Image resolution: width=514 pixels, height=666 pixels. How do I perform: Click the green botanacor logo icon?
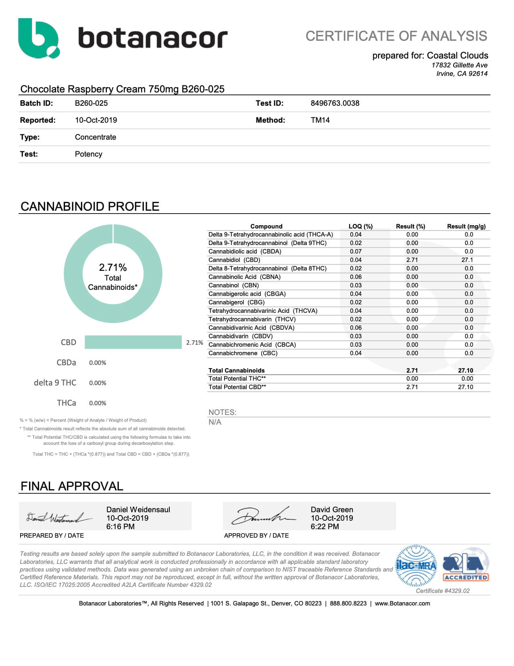(x=39, y=38)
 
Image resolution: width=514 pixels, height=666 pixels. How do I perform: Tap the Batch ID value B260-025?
(x=91, y=103)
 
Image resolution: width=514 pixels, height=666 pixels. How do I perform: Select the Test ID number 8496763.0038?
(x=335, y=103)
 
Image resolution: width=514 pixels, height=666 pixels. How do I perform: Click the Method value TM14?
(x=320, y=120)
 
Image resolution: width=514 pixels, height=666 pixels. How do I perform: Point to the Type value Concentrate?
(x=95, y=137)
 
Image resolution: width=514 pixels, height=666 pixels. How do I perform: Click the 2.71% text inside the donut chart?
(x=113, y=267)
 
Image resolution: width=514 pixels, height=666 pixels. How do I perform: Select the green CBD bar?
(x=133, y=342)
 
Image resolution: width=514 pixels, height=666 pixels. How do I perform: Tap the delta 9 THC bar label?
(x=55, y=383)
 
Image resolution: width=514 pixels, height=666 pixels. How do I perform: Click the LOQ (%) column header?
(x=360, y=226)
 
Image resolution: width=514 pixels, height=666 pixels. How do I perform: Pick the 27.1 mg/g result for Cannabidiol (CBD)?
(x=467, y=260)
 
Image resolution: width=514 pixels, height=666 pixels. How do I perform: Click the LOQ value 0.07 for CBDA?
(x=356, y=251)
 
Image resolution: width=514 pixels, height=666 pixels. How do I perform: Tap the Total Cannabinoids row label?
(x=236, y=371)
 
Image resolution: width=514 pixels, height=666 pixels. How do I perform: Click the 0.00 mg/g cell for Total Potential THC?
(x=467, y=379)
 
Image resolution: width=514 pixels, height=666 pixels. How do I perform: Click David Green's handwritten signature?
(x=262, y=516)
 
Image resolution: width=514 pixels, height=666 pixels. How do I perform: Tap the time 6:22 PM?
(x=325, y=527)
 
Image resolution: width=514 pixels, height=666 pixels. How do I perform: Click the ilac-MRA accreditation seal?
(x=416, y=565)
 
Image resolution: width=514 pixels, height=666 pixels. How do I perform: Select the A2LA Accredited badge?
(x=466, y=565)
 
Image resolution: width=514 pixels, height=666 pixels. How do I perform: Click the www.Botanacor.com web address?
(x=402, y=603)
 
